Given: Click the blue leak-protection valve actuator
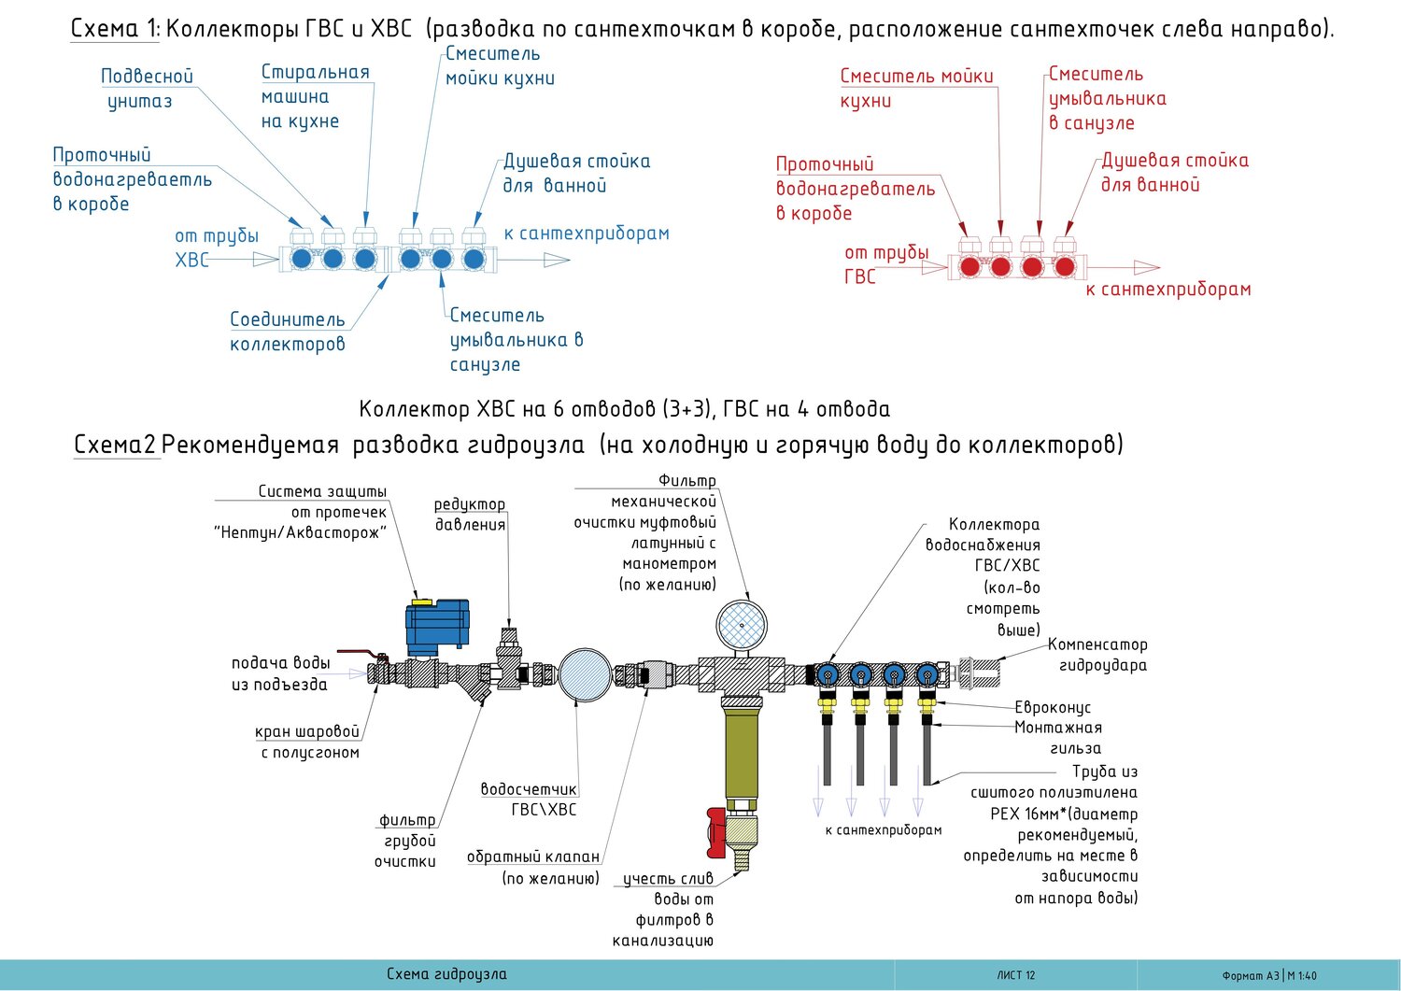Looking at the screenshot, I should [x=436, y=626].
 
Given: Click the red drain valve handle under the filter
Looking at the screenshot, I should [x=716, y=832].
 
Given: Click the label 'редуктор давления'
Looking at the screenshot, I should [x=470, y=514].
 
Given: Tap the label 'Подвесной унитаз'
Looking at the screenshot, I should [x=147, y=89].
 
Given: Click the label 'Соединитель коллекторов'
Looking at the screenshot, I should [x=287, y=332].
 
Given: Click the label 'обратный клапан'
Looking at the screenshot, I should [x=533, y=857].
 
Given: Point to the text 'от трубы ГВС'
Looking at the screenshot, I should [x=884, y=264].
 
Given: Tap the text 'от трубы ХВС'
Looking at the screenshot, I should [x=216, y=248].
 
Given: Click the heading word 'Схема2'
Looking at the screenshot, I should [x=115, y=445].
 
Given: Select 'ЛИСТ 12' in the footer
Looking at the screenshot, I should [x=1015, y=975].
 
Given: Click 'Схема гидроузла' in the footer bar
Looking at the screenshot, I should [x=446, y=974].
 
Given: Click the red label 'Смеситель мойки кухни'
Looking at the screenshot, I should [x=915, y=88].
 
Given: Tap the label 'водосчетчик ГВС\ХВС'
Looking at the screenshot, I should [x=530, y=800].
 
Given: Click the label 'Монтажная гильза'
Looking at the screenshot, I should [x=1058, y=738].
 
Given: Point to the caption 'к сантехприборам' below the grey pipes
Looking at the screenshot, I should [x=883, y=829].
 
